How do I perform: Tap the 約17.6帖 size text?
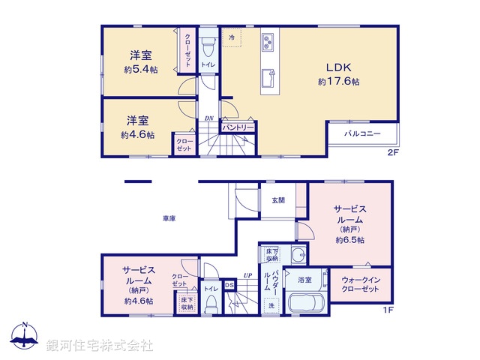click(x=339, y=81)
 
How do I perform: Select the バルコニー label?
click(x=362, y=133)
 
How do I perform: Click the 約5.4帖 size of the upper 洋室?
click(x=139, y=70)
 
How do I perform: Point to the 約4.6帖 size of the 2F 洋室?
click(x=137, y=135)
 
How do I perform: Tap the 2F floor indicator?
click(x=391, y=153)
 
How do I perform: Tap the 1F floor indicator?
click(x=388, y=310)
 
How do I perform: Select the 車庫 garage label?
click(x=169, y=218)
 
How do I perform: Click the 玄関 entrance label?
click(x=278, y=200)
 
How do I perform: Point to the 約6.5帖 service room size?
click(x=350, y=240)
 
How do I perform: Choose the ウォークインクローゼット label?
click(x=361, y=285)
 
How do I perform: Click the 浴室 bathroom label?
click(x=304, y=279)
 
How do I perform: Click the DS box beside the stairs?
click(x=229, y=284)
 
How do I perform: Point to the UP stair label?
click(x=247, y=275)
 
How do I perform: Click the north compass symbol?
click(x=24, y=335)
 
